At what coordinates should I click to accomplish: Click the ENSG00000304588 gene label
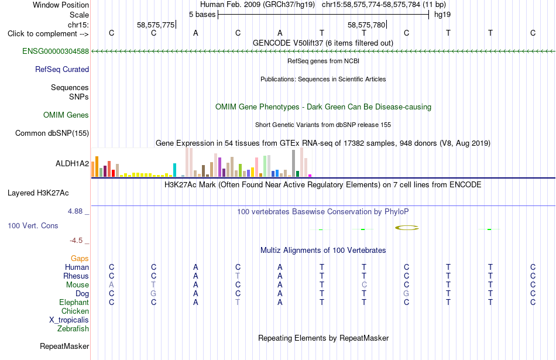(56, 51)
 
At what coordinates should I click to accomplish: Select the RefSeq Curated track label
(62, 69)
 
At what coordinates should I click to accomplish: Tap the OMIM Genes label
(66, 115)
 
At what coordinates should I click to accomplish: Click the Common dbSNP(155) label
(52, 133)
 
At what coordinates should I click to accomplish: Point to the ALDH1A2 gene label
(73, 163)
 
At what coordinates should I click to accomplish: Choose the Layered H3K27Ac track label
(38, 193)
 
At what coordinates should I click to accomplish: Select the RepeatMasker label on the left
(64, 346)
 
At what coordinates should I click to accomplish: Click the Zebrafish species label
(73, 328)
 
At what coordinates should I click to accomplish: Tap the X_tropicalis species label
(69, 320)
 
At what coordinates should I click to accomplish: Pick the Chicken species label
(75, 311)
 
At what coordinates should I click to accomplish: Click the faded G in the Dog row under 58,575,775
(153, 294)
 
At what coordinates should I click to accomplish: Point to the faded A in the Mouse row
(111, 285)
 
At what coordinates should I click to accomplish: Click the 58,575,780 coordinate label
(366, 25)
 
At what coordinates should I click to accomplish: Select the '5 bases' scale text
(202, 15)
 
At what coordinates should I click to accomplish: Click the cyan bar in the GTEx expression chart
(174, 170)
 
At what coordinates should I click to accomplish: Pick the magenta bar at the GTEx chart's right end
(310, 176)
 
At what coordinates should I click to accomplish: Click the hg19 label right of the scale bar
(442, 15)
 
